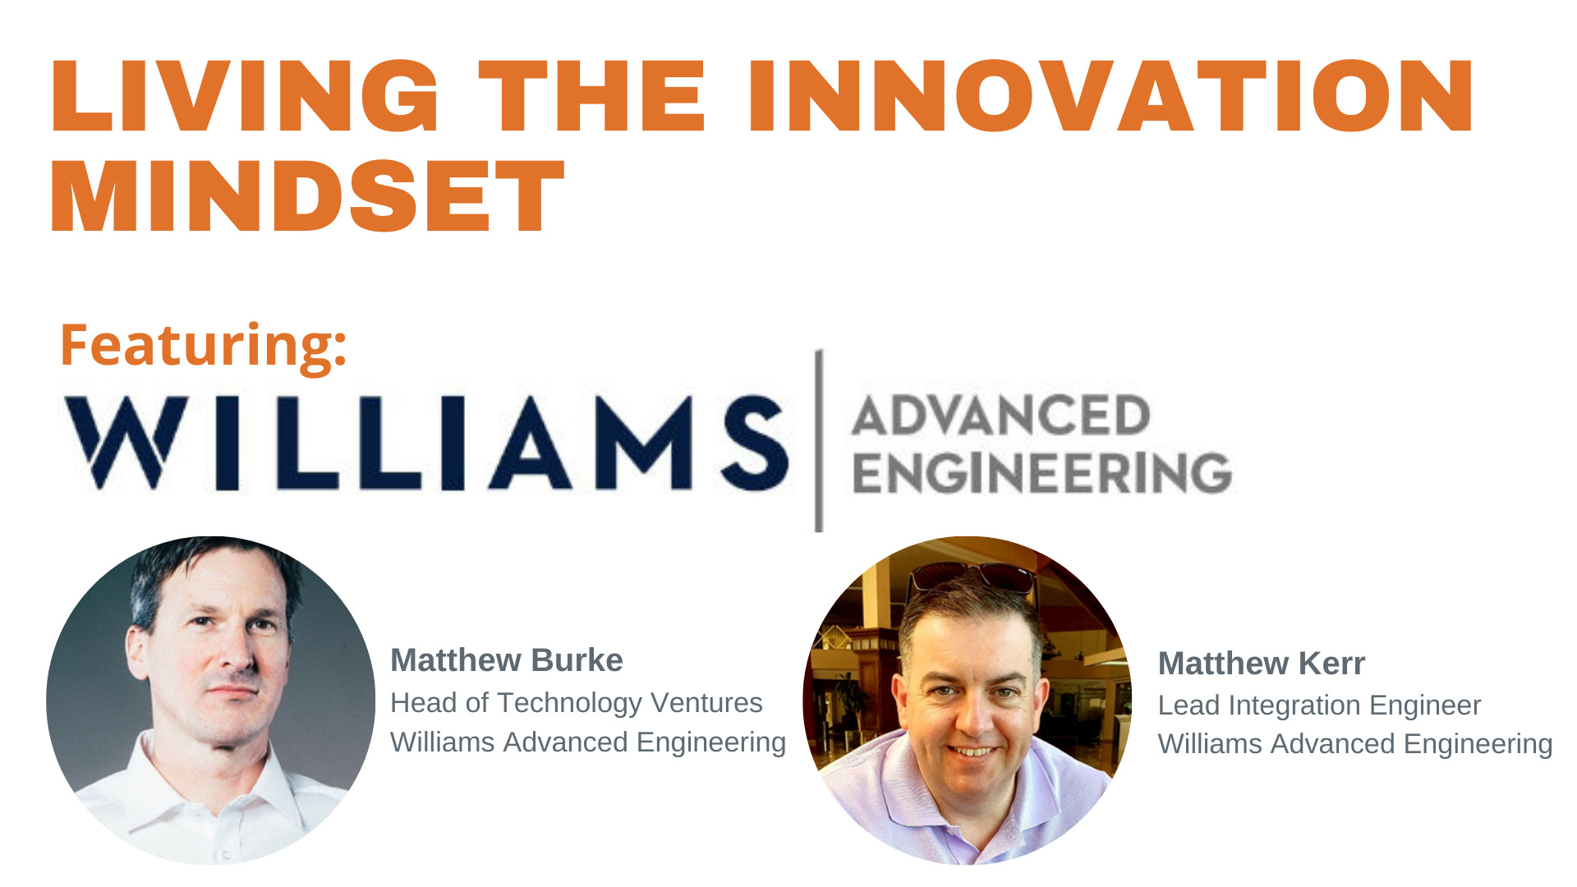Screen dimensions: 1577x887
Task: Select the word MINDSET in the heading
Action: coord(308,196)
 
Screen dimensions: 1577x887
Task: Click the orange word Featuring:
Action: coord(204,346)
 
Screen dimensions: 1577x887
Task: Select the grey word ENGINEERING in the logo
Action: coord(1042,472)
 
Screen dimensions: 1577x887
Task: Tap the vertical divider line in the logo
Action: coord(819,441)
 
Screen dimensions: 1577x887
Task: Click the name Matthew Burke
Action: coord(507,660)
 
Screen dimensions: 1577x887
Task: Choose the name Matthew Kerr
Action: coord(1262,664)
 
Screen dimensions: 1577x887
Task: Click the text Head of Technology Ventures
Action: coord(577,703)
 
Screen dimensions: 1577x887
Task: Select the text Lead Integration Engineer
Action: coord(1319,705)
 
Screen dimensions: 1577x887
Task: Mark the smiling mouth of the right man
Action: coord(973,751)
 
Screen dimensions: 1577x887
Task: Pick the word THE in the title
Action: coord(592,96)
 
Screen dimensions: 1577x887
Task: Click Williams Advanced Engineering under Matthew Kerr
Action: coord(1355,744)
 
